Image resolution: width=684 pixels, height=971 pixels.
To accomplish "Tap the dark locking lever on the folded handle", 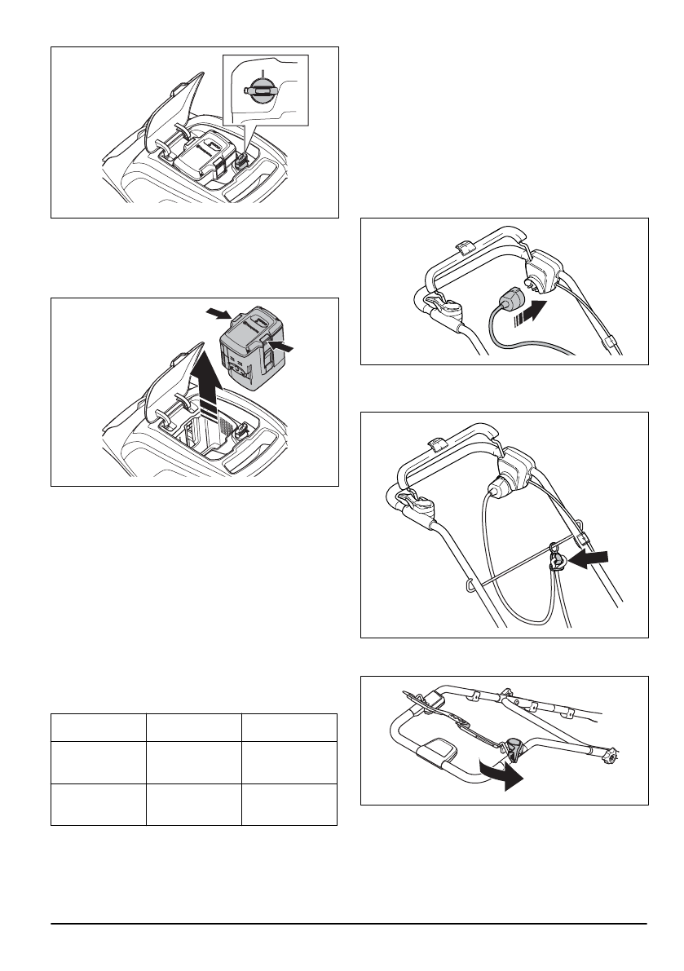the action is pyautogui.click(x=515, y=747).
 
